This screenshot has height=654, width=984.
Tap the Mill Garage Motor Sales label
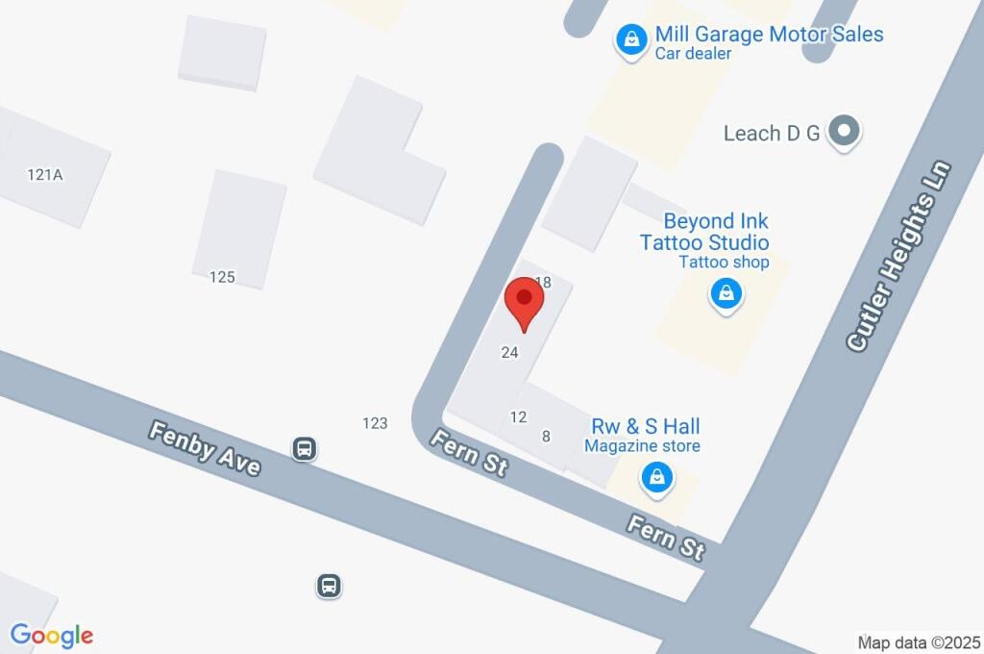pyautogui.click(x=769, y=35)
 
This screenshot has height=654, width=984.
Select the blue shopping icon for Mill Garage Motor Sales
pyautogui.click(x=631, y=39)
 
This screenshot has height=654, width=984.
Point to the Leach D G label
pyautogui.click(x=772, y=133)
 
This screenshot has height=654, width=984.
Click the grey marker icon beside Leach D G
pyautogui.click(x=845, y=132)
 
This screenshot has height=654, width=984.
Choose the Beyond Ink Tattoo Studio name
pyautogui.click(x=704, y=232)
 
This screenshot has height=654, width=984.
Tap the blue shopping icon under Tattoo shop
pyautogui.click(x=726, y=293)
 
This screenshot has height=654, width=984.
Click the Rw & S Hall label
pyautogui.click(x=644, y=426)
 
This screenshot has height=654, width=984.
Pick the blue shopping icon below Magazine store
pyautogui.click(x=657, y=475)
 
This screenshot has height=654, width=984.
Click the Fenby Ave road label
pyautogui.click(x=205, y=447)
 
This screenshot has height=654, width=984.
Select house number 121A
pyautogui.click(x=45, y=174)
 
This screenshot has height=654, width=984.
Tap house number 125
pyautogui.click(x=222, y=277)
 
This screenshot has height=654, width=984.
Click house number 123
pyautogui.click(x=375, y=422)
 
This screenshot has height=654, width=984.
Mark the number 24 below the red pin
pyautogui.click(x=510, y=353)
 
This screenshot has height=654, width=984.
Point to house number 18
pyautogui.click(x=543, y=283)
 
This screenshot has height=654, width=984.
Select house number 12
pyautogui.click(x=519, y=417)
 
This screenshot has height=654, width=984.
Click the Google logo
pyautogui.click(x=52, y=635)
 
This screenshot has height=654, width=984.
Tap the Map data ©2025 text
pyautogui.click(x=920, y=641)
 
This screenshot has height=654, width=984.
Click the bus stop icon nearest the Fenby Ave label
pyautogui.click(x=305, y=448)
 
